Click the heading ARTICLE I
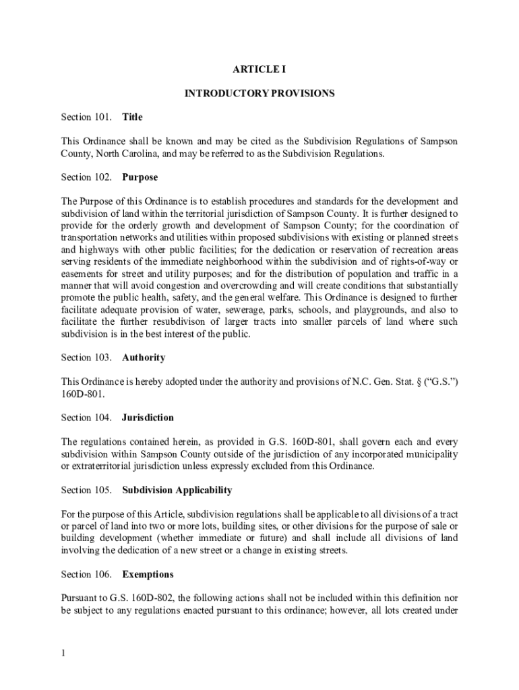pos(259,69)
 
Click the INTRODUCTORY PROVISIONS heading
pos(259,94)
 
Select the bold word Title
pos(132,117)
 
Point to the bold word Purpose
pos(140,177)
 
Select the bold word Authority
pos(144,358)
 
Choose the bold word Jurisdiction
pos(148,418)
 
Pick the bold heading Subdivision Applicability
pos(177,491)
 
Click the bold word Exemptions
pos(148,575)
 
